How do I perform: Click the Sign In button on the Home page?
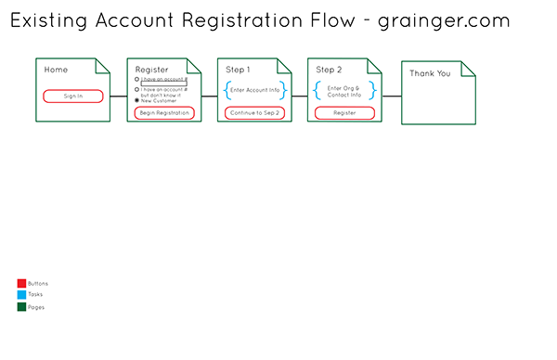pyautogui.click(x=73, y=96)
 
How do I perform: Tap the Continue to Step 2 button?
pyautogui.click(x=255, y=112)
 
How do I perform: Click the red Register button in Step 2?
pyautogui.click(x=344, y=112)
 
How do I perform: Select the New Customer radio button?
pyautogui.click(x=137, y=100)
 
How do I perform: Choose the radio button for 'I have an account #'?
pyautogui.click(x=137, y=80)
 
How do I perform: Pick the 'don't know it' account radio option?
pyautogui.click(x=137, y=90)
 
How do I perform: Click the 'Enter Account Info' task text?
pyautogui.click(x=255, y=90)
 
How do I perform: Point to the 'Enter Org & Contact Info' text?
pyautogui.click(x=344, y=90)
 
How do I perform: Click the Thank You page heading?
pyautogui.click(x=430, y=73)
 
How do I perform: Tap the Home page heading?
pyautogui.click(x=56, y=70)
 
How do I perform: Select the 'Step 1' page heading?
pyautogui.click(x=238, y=70)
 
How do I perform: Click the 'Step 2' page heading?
pyautogui.click(x=329, y=70)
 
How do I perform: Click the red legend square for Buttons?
pyautogui.click(x=21, y=283)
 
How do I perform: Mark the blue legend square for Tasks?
pyautogui.click(x=21, y=295)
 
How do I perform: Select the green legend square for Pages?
pyautogui.click(x=21, y=306)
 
